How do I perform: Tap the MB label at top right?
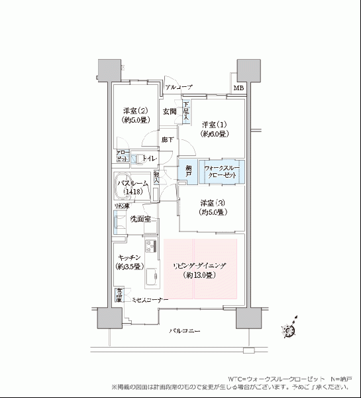(238, 88)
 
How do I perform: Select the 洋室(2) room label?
(134, 115)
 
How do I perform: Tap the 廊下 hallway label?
(168, 140)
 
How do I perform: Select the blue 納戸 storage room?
(189, 172)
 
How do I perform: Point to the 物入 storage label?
(157, 177)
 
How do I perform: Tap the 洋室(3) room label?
(214, 207)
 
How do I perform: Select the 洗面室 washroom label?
(139, 219)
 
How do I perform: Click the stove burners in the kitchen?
(150, 246)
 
